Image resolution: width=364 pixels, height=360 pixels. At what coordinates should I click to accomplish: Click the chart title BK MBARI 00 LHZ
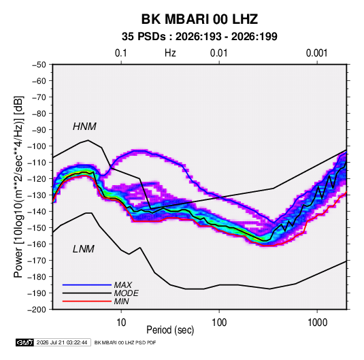point(199,19)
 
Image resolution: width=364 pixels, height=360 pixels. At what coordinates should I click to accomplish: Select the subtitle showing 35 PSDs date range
point(199,37)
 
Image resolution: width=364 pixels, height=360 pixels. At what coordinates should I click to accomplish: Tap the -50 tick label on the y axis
point(39,65)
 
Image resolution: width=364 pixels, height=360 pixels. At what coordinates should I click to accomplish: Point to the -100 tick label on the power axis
point(37,146)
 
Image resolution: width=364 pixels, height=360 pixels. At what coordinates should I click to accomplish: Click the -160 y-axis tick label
point(37,244)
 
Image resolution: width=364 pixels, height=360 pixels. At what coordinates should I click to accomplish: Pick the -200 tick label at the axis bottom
point(37,310)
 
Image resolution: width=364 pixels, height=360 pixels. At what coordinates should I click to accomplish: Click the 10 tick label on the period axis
point(121,323)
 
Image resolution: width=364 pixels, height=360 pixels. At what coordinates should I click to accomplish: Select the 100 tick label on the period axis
point(219,323)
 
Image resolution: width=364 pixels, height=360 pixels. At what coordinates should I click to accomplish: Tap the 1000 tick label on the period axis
point(317,323)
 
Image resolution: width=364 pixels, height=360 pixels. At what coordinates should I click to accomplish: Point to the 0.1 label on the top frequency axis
point(121,53)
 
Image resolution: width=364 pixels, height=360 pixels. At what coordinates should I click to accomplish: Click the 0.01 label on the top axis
point(218,53)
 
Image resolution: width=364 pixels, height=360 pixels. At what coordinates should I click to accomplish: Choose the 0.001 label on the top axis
point(316,53)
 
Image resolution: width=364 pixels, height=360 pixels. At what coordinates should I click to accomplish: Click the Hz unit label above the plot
point(170,53)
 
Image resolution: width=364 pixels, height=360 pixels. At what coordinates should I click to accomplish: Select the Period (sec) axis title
point(170,330)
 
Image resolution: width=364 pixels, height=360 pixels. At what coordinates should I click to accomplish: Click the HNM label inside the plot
point(84,127)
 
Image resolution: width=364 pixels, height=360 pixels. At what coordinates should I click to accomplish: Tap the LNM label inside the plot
point(84,249)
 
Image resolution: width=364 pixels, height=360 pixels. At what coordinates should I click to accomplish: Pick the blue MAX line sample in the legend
point(87,285)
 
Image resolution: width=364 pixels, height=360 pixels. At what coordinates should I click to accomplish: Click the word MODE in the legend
point(127,293)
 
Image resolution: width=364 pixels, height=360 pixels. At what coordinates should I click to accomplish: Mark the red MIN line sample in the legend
point(87,301)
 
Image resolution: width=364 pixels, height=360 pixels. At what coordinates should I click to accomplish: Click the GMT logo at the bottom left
point(24,342)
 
